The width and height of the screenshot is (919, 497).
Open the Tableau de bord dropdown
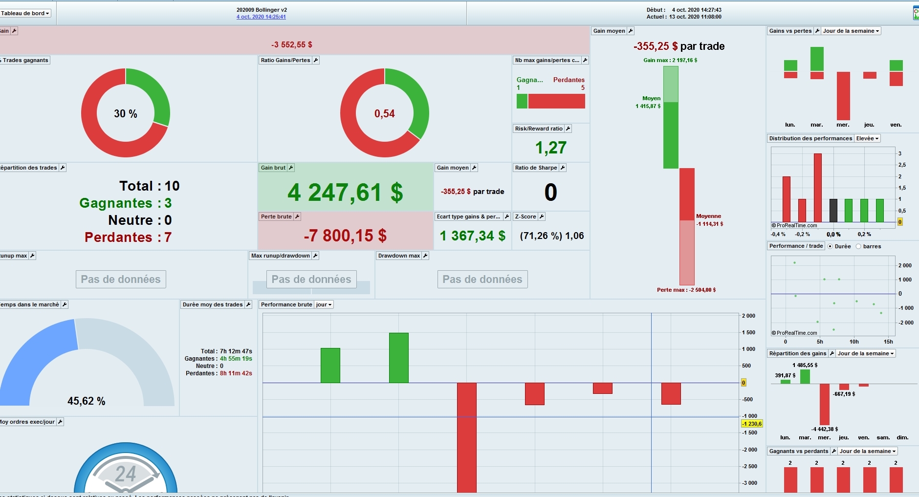point(25,13)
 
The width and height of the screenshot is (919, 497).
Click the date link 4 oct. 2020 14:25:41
point(261,17)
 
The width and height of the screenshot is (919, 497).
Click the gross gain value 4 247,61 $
point(345,192)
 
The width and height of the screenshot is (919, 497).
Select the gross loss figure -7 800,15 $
point(345,236)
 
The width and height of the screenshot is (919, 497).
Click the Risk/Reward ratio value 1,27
point(550,148)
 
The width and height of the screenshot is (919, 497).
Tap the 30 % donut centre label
point(126,113)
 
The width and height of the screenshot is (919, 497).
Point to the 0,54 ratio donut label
point(385,113)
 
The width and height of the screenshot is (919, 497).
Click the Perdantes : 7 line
point(128,237)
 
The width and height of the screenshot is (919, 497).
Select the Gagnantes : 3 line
point(126,203)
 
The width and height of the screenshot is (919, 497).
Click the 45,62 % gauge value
point(87,401)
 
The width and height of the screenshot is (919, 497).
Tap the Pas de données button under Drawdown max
point(482,279)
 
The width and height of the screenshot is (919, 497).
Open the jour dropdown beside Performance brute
point(324,304)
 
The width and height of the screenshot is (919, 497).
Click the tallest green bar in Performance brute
point(399,357)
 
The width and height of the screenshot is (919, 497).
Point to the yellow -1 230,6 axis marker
point(752,424)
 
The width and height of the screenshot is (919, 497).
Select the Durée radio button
point(830,246)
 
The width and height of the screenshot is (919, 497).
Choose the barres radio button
point(858,246)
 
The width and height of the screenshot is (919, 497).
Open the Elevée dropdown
point(867,138)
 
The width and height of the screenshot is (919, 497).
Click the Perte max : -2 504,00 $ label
point(686,290)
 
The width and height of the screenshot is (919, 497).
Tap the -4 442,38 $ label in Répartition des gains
point(825,429)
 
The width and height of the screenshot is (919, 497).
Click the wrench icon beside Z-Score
point(542,216)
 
